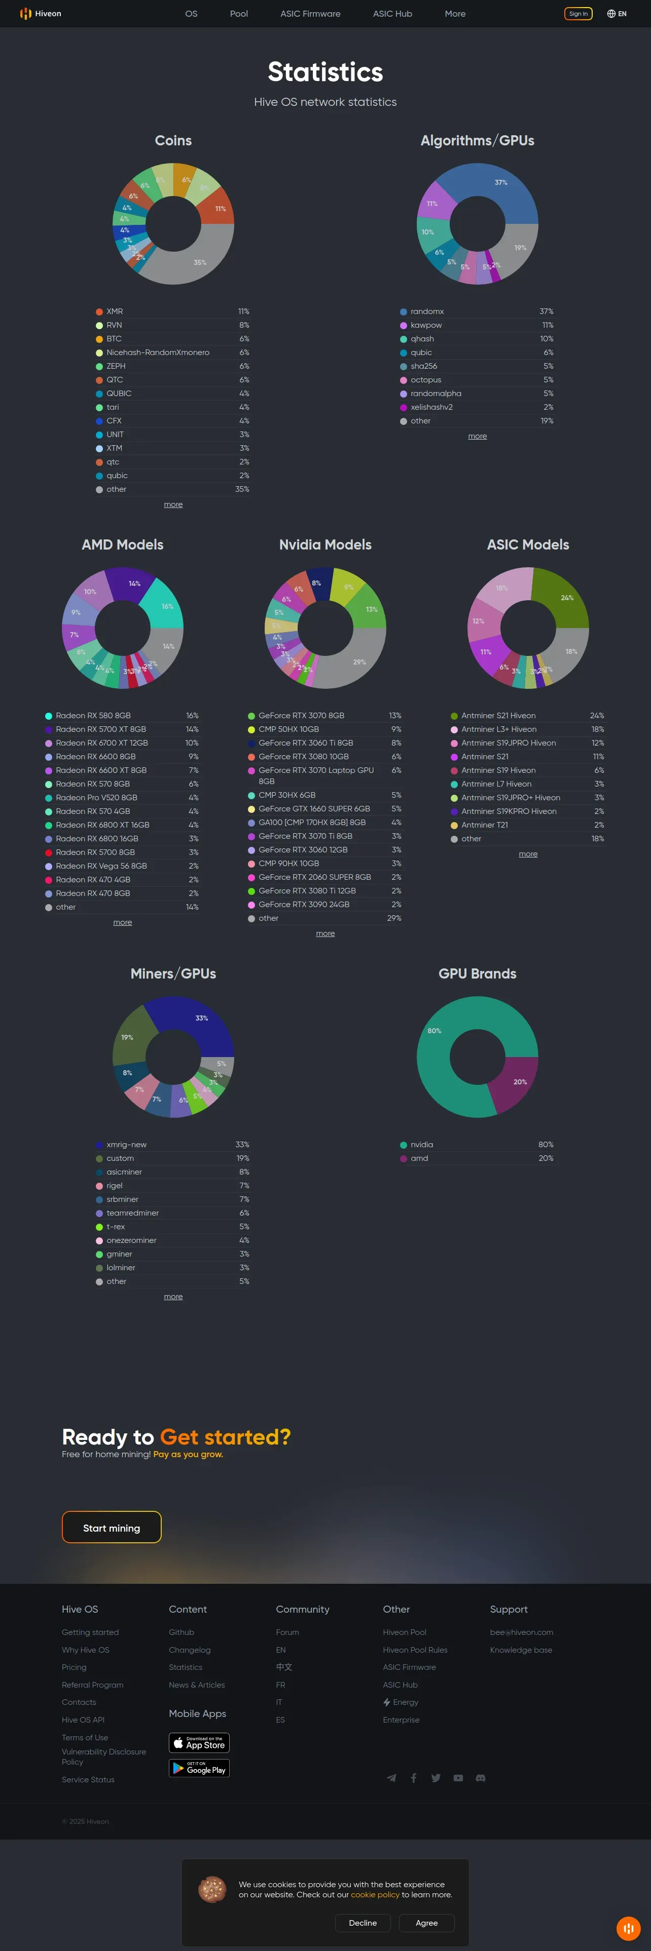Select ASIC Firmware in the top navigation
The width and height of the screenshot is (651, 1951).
click(310, 14)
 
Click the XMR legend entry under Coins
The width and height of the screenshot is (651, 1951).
click(115, 311)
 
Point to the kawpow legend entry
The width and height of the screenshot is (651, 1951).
click(426, 325)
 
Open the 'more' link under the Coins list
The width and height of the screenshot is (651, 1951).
click(173, 504)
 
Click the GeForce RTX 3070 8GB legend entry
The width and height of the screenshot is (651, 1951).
click(301, 716)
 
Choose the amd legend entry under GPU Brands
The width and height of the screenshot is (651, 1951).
click(419, 1158)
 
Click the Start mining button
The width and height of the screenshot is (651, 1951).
click(112, 1527)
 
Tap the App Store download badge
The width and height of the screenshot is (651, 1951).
click(199, 1743)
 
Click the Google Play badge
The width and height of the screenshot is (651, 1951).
click(199, 1769)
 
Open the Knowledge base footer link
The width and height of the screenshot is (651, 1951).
click(521, 1650)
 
